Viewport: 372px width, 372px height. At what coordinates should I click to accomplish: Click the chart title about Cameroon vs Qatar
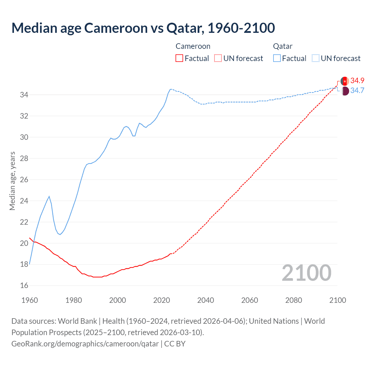(143, 28)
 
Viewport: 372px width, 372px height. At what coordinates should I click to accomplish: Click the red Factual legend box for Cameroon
(179, 58)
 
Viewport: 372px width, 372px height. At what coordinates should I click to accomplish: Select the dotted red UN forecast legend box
(218, 58)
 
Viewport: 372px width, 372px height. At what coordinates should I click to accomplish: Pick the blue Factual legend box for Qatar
(277, 58)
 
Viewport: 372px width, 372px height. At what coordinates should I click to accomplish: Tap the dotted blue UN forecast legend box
(316, 58)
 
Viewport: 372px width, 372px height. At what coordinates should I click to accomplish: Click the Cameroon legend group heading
(193, 46)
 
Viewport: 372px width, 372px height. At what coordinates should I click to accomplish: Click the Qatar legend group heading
(282, 46)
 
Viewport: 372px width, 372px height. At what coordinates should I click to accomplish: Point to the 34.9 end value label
(357, 81)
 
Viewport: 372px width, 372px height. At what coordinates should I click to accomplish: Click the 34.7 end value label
(357, 90)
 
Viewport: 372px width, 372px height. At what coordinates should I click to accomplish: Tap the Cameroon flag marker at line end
(345, 81)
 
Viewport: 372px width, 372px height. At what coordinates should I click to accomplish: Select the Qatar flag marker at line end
(345, 91)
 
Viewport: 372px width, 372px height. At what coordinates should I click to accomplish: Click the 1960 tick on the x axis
(30, 300)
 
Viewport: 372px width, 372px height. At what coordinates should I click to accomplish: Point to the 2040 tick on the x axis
(205, 300)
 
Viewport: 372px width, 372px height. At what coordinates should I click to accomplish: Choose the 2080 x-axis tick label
(294, 300)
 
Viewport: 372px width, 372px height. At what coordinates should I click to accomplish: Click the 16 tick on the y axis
(24, 286)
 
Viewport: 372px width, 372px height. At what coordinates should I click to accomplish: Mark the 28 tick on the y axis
(24, 158)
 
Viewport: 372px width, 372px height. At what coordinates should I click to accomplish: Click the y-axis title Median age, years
(12, 181)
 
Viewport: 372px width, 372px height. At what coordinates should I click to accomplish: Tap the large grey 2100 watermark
(306, 273)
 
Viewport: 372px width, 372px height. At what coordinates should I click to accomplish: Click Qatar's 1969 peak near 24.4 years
(49, 196)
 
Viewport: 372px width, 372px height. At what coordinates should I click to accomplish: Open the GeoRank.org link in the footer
(85, 344)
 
